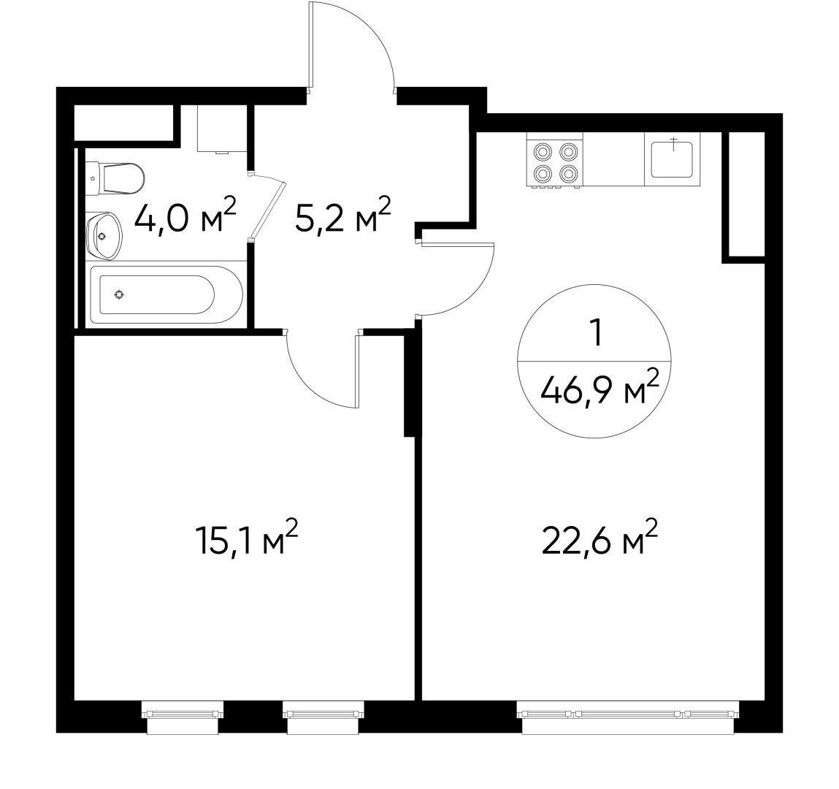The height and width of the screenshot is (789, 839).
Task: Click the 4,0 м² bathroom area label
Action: coord(185,217)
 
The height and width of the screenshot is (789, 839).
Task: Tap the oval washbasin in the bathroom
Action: coord(103,235)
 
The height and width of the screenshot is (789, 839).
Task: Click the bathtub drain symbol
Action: coord(119,294)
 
